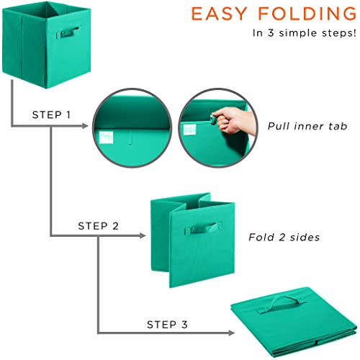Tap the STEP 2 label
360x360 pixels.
pyautogui.click(x=98, y=226)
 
